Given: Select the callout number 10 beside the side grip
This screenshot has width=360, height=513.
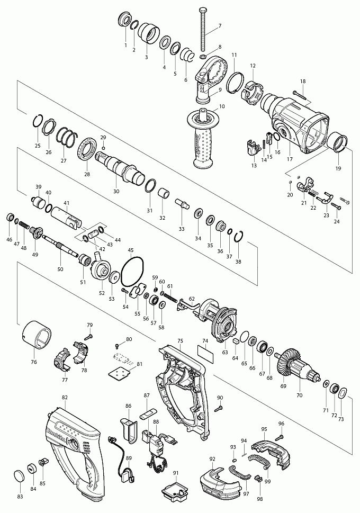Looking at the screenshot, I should point(222,106).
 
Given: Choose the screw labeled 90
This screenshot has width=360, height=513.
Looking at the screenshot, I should point(220,408).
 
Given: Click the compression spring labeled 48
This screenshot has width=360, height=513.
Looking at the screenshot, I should point(23,226).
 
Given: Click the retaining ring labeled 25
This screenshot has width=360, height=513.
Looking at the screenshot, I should point(38,121).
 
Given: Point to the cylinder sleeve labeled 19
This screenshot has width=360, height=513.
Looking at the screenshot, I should point(337,142).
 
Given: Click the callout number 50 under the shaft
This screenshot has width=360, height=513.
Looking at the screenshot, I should point(60,269).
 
